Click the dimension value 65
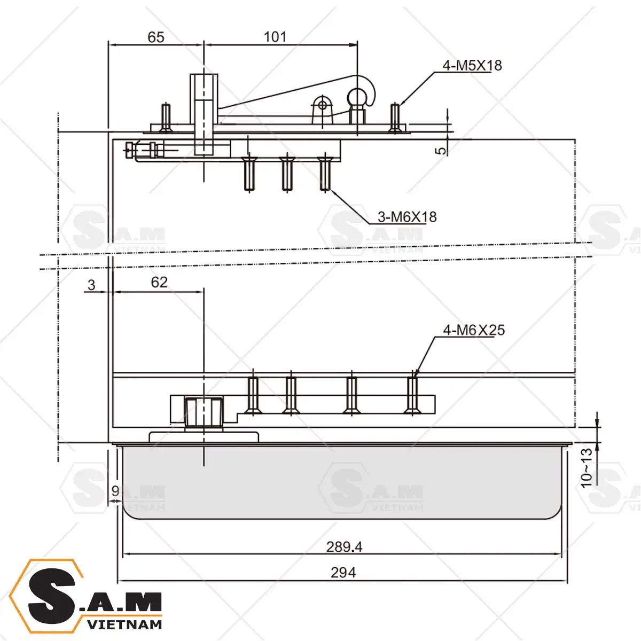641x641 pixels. click(x=155, y=37)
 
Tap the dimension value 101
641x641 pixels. click(x=275, y=37)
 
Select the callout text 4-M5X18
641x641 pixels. click(x=472, y=66)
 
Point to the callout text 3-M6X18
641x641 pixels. click(x=407, y=217)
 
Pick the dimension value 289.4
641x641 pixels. click(x=344, y=547)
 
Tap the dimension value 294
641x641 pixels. click(x=343, y=573)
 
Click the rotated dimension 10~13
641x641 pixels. click(x=587, y=468)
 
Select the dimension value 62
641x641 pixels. click(x=159, y=282)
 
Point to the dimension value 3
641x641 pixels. click(x=91, y=285)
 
